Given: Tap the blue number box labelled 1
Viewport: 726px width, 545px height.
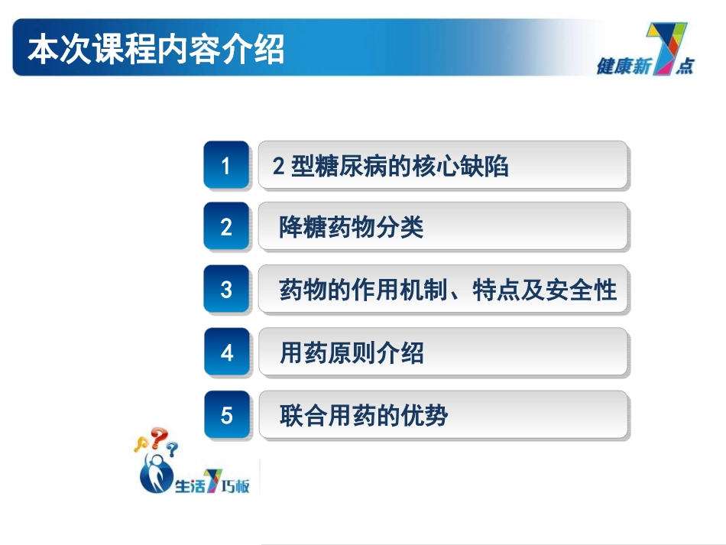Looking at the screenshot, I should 226,165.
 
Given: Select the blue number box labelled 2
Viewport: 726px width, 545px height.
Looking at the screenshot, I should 226,227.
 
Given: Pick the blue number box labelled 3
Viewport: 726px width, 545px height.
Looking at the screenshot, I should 226,290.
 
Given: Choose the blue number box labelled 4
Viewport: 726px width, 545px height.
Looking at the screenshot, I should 226,352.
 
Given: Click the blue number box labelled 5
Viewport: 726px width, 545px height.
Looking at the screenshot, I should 226,415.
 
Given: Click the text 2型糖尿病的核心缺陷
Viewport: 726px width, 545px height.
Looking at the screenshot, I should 391,166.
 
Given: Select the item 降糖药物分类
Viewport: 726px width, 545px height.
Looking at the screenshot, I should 352,228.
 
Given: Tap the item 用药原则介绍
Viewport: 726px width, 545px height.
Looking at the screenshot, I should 352,353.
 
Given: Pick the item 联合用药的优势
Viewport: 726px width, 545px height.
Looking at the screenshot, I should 363,416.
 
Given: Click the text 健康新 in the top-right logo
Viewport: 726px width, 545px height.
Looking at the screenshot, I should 622,67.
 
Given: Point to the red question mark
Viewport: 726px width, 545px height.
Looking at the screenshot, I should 158,438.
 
